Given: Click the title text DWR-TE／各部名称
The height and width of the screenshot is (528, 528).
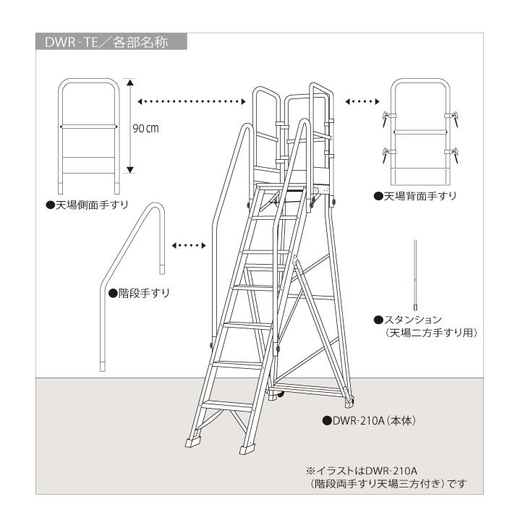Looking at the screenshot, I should click(x=106, y=42).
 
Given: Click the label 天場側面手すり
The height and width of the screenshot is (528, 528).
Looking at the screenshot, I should click(x=88, y=205).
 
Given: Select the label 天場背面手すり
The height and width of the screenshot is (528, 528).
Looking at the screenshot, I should click(x=415, y=196).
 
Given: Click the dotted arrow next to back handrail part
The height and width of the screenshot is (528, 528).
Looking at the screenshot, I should click(x=363, y=101).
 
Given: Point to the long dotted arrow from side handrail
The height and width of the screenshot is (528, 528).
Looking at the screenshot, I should click(x=190, y=101).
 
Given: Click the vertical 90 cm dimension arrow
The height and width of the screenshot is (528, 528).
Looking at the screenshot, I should click(x=130, y=126).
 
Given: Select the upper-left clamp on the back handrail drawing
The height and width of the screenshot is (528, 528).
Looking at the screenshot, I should click(x=386, y=116).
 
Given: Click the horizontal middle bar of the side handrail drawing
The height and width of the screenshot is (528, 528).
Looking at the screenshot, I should click(x=88, y=126).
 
